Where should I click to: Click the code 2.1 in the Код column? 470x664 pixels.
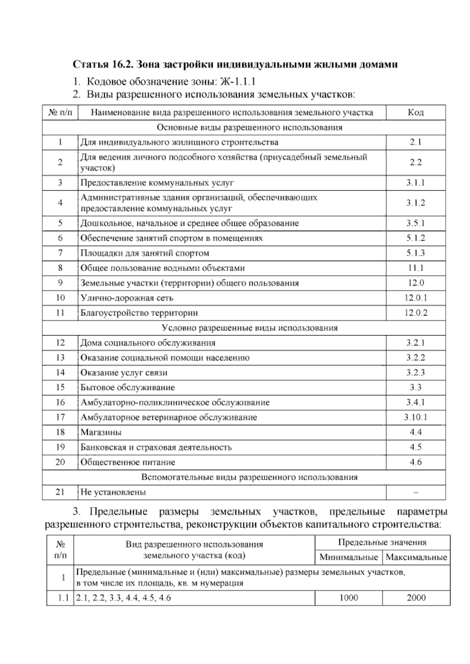coord(415,142)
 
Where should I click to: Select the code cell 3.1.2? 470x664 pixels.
coord(415,203)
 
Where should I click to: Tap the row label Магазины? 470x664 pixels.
coord(101,432)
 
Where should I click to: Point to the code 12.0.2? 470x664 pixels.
coord(415,313)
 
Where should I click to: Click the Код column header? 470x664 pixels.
coord(415,113)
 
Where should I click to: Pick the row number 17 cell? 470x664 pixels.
coord(60,417)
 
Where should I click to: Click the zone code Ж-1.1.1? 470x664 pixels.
coord(238,82)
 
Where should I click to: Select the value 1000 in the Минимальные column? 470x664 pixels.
coord(348,598)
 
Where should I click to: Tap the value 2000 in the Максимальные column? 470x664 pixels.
coord(416,598)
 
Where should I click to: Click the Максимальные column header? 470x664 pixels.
coord(416,557)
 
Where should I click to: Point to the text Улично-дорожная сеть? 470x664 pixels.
coord(127,298)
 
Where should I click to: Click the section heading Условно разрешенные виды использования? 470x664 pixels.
coord(249,328)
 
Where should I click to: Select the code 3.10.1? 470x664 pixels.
coord(415,417)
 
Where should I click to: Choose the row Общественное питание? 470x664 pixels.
coord(128,462)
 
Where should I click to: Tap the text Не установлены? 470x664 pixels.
coord(113,492)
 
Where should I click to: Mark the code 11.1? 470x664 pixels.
coord(415,268)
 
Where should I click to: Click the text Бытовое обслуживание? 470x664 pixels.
coord(127,388)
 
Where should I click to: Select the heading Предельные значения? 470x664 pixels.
coord(382,543)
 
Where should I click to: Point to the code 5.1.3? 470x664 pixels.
coord(415,253)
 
